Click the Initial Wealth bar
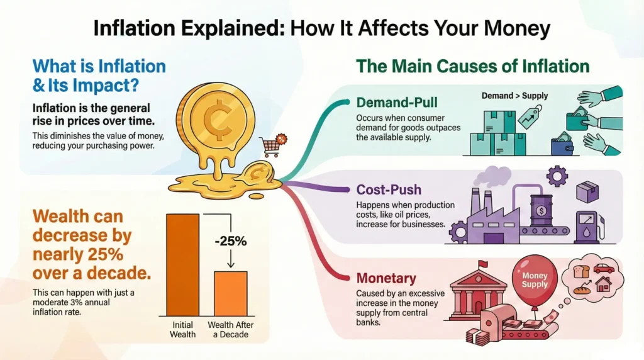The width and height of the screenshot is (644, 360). pyautogui.click(x=183, y=265)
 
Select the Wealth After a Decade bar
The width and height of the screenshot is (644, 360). pyautogui.click(x=231, y=293)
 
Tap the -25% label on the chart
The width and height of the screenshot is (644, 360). pyautogui.click(x=231, y=241)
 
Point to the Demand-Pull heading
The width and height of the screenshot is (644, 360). pyautogui.click(x=397, y=103)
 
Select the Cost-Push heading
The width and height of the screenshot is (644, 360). pyautogui.click(x=389, y=189)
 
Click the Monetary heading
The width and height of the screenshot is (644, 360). pyautogui.click(x=386, y=278)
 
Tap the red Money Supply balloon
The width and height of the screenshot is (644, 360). pyautogui.click(x=535, y=279)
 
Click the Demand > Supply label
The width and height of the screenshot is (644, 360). pyautogui.click(x=514, y=96)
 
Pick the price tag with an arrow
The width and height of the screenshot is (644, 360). pyautogui.click(x=530, y=116)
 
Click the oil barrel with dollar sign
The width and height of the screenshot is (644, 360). pyautogui.click(x=541, y=210)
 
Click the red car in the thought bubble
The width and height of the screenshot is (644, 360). pyautogui.click(x=604, y=269)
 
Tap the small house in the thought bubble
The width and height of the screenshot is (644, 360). pyautogui.click(x=603, y=284)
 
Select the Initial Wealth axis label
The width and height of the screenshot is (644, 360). pyautogui.click(x=183, y=330)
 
